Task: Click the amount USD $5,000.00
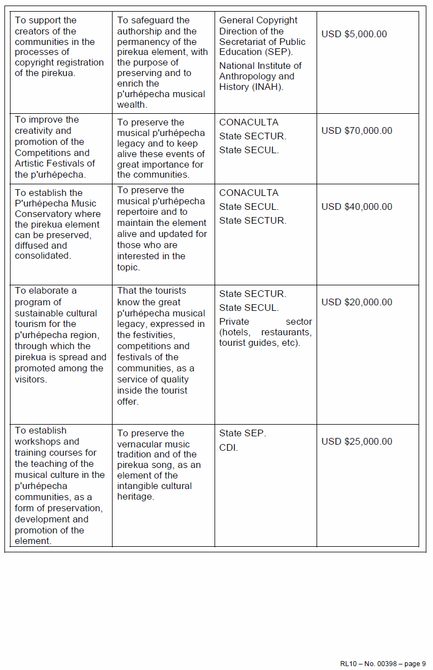point(354,34)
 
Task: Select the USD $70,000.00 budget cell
point(356,131)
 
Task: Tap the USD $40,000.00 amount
point(356,207)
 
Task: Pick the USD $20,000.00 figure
point(356,303)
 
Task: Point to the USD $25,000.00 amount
point(356,442)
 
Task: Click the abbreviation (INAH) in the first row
point(268,87)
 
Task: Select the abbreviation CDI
point(228,448)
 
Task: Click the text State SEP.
point(242,434)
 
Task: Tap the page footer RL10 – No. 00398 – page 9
point(383,664)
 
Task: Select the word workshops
point(38,442)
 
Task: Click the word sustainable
point(39,313)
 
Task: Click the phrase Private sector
point(265,322)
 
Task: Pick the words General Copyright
point(258,21)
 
